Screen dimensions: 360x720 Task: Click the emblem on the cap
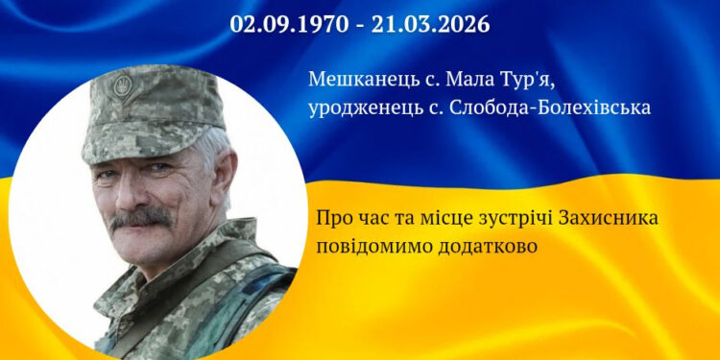[121, 86]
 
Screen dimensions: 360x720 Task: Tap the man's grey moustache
[141, 218]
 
